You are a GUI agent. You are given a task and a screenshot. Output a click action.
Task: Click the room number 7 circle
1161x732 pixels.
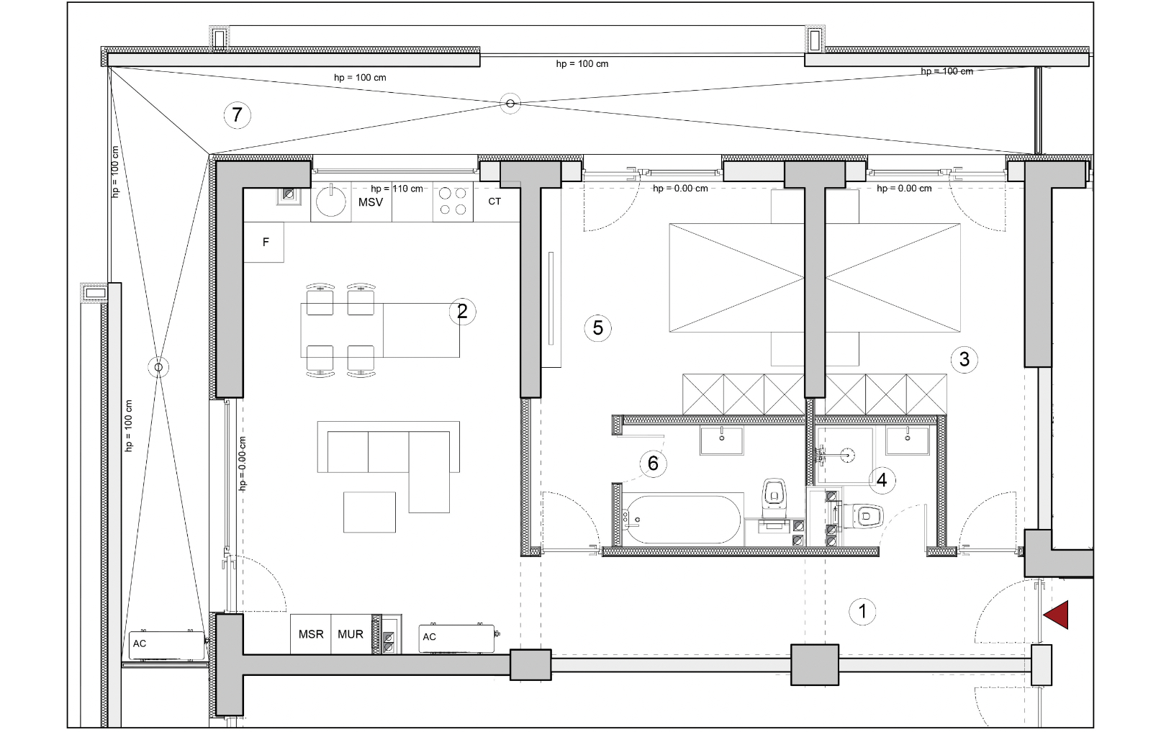[238, 114]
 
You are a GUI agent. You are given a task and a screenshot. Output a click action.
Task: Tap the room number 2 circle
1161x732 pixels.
[462, 311]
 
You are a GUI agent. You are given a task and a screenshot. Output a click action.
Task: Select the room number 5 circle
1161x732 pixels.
[597, 327]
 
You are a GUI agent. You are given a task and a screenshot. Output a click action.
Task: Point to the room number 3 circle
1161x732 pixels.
[964, 358]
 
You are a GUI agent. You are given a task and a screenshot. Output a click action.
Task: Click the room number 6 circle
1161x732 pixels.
[653, 463]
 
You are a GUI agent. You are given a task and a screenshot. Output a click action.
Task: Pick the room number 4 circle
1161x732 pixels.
[882, 480]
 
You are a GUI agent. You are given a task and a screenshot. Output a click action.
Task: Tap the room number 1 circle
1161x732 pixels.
[862, 611]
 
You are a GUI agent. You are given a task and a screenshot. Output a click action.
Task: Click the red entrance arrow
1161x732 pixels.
[1056, 615]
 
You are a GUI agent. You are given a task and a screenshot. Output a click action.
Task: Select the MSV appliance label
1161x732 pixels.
[371, 202]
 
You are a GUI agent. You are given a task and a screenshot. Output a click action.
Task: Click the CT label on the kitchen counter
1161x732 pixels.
[494, 201]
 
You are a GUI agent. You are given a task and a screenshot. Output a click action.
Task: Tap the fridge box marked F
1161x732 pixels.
[264, 242]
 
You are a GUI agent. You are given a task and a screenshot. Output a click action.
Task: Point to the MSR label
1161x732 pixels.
[311, 634]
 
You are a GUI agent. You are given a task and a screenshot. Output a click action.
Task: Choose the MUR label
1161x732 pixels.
[351, 634]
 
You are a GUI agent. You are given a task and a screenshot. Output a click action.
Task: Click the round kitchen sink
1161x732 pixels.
[330, 201]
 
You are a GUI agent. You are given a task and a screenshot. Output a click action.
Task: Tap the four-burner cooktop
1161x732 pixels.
[453, 202]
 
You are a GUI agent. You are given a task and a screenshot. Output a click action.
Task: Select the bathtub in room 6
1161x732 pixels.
[682, 520]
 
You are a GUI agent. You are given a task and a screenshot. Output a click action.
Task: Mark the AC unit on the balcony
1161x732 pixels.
[166, 646]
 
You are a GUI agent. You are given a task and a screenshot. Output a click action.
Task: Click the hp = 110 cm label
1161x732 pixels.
[397, 189]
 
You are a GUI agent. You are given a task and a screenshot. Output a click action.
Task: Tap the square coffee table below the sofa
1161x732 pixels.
[369, 512]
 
